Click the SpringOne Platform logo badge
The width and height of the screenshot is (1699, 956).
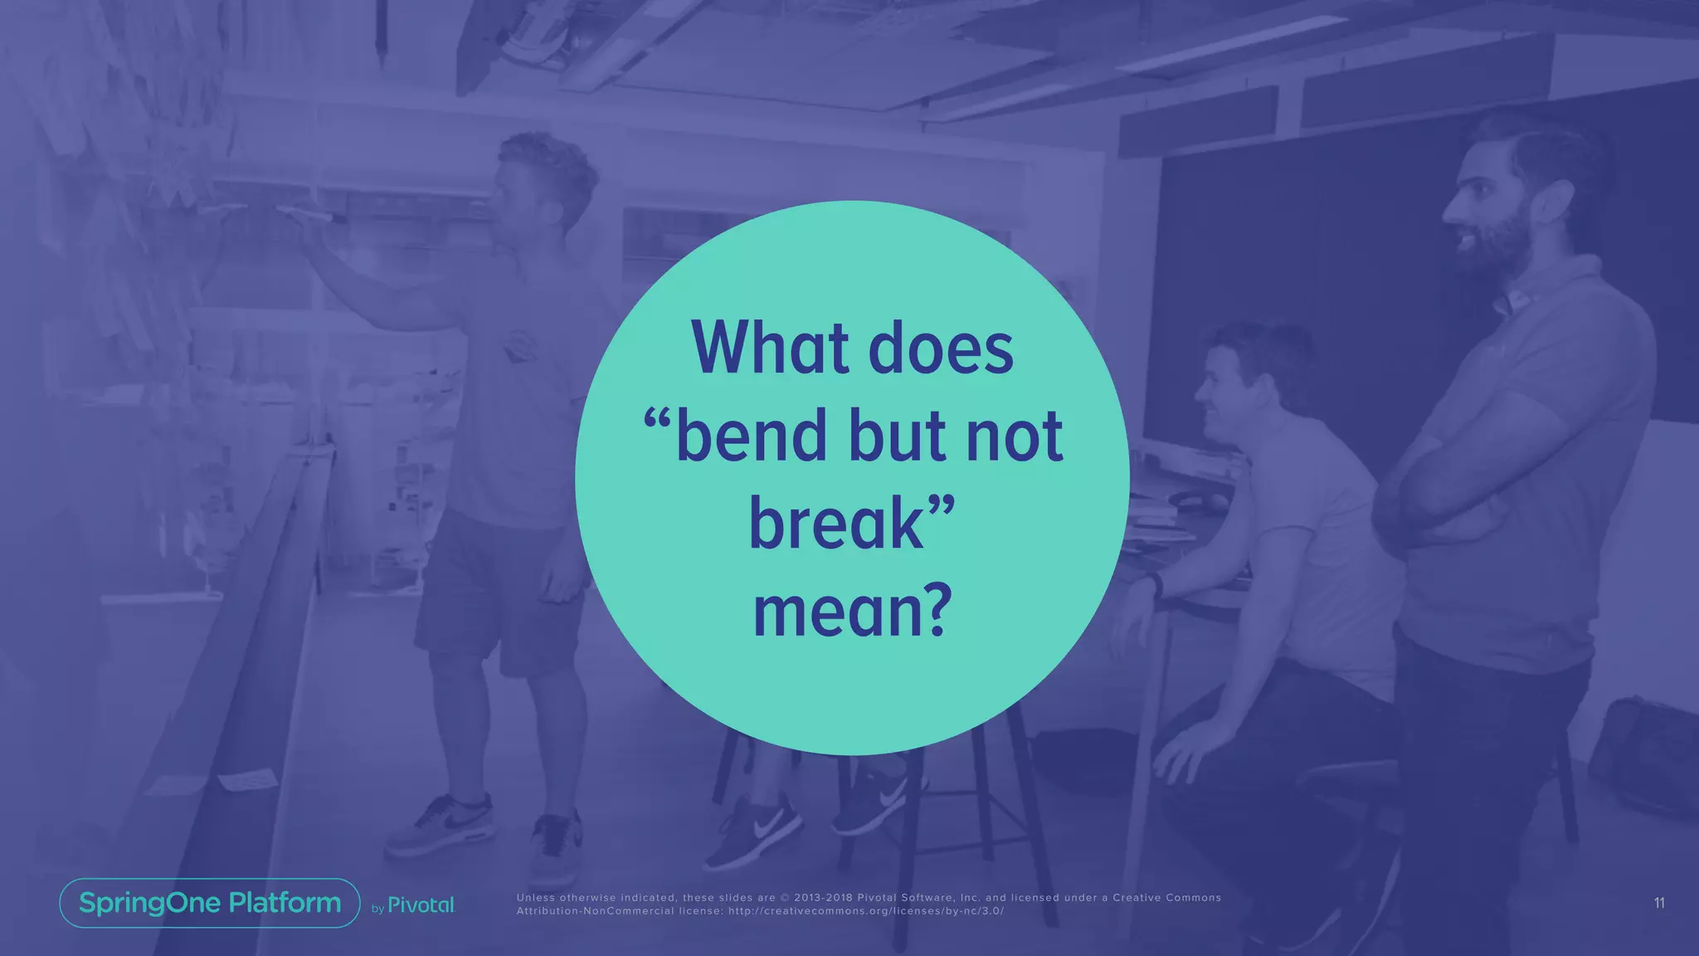pyautogui.click(x=210, y=903)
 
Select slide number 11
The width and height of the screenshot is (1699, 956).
pyautogui.click(x=1658, y=903)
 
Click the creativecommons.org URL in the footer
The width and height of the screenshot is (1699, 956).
pyautogui.click(x=883, y=911)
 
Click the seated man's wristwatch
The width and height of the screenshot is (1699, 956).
pyautogui.click(x=1156, y=584)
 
